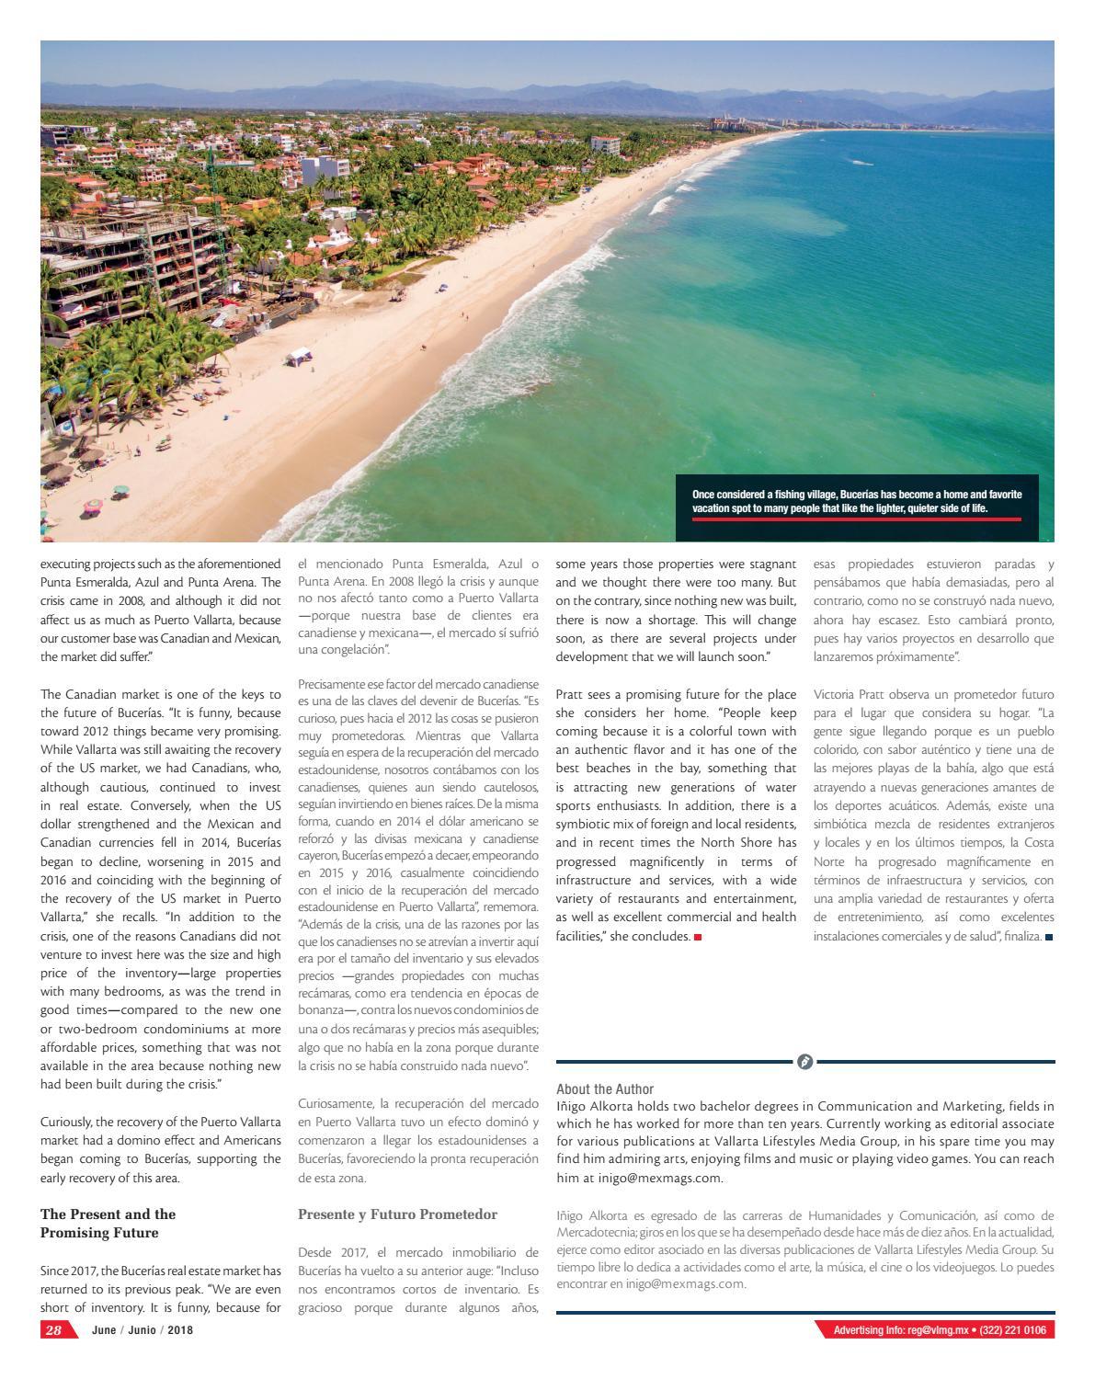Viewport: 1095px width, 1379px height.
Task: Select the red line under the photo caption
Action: (856, 519)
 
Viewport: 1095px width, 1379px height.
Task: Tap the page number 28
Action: (53, 1330)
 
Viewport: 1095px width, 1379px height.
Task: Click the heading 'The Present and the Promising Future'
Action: (108, 1223)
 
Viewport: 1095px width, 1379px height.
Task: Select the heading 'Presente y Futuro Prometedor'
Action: (397, 1214)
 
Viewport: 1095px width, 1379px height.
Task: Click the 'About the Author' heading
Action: (605, 1088)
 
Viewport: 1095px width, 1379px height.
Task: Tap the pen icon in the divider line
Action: (804, 1062)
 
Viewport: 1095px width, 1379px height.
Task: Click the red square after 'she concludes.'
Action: (698, 936)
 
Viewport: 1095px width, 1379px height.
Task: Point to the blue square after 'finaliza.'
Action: (1049, 937)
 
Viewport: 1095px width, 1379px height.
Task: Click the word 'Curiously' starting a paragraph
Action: (67, 1122)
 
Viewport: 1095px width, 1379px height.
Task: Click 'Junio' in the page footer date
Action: (140, 1330)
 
